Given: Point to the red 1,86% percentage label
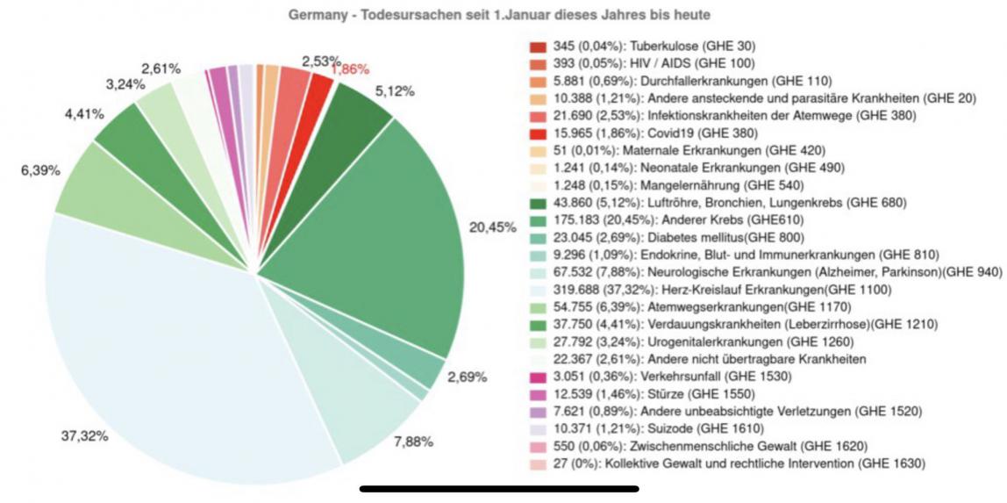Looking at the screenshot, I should (x=350, y=69).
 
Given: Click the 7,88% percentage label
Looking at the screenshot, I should (x=413, y=442).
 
